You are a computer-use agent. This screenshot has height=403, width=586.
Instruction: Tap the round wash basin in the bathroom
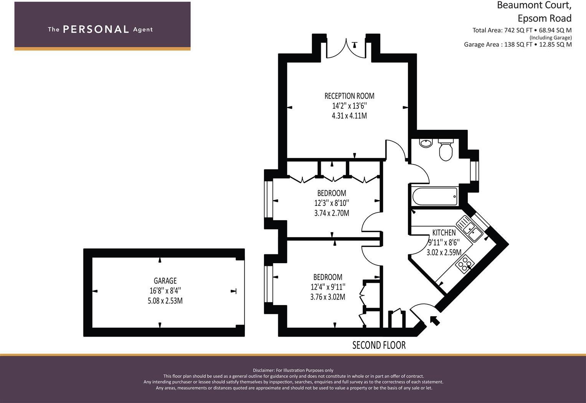(x=426, y=143)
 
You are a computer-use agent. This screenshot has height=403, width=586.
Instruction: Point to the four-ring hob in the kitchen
(x=465, y=264)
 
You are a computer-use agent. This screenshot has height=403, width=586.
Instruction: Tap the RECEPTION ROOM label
(x=349, y=96)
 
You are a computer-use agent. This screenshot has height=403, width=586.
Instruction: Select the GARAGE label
(x=165, y=281)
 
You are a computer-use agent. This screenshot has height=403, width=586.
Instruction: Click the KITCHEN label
(x=444, y=232)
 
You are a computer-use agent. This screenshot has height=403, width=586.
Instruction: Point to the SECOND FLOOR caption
(x=379, y=345)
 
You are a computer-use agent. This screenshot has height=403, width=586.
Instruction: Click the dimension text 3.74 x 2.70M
(x=332, y=213)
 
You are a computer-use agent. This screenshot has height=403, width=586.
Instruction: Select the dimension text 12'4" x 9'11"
(x=328, y=287)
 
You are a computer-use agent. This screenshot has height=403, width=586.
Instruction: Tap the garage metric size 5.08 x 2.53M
(x=165, y=301)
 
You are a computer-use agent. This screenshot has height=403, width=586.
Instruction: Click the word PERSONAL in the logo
(x=96, y=30)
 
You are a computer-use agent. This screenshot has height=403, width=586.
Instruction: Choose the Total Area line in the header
(x=522, y=30)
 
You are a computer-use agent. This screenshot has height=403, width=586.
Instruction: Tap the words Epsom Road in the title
(x=544, y=18)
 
